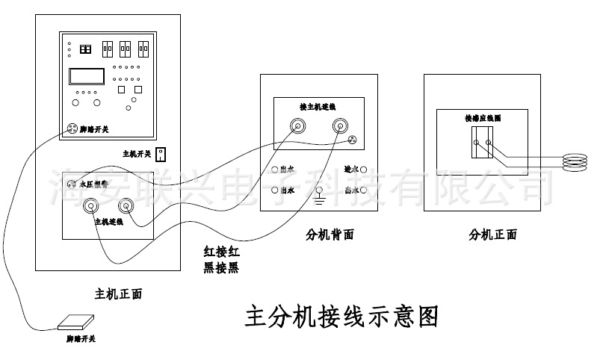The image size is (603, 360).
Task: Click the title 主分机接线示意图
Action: tap(341, 317)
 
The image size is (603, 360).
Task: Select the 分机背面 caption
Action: tap(330, 235)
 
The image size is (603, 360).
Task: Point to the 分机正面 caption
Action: tap(493, 235)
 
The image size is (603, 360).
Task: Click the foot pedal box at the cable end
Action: tap(77, 322)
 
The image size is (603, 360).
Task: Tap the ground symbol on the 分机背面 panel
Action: tap(320, 196)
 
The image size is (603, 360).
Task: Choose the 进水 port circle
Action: tap(363, 170)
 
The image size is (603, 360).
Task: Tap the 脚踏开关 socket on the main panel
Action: tap(73, 128)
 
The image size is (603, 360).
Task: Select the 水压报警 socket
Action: tap(72, 183)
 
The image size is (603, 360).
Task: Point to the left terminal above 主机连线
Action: tap(93, 204)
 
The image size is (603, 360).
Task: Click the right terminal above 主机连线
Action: tap(124, 204)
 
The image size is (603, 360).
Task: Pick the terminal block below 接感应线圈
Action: tap(483, 141)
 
